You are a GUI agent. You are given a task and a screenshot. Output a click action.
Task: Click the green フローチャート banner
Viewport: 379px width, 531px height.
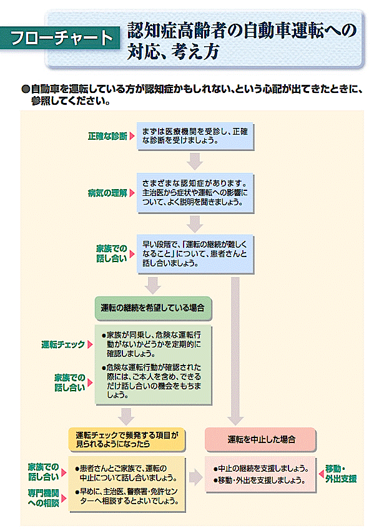pyautogui.click(x=60, y=37)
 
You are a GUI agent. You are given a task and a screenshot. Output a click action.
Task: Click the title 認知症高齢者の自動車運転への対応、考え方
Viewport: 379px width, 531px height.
pyautogui.click(x=242, y=41)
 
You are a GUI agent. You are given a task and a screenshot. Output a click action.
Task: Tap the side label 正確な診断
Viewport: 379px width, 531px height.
pyautogui.click(x=107, y=136)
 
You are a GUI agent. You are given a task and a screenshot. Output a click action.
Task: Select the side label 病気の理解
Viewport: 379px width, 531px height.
pyautogui.click(x=107, y=193)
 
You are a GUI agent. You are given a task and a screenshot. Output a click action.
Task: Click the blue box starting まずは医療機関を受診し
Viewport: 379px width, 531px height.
pyautogui.click(x=195, y=136)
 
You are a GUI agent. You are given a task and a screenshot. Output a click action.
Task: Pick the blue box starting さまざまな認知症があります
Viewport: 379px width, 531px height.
pyautogui.click(x=195, y=193)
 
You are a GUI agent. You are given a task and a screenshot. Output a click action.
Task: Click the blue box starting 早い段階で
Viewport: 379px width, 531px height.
pyautogui.click(x=195, y=254)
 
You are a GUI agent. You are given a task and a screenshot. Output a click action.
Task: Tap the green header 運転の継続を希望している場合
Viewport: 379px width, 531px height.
pyautogui.click(x=153, y=308)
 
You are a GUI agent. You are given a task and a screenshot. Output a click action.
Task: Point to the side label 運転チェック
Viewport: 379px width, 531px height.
pyautogui.click(x=63, y=344)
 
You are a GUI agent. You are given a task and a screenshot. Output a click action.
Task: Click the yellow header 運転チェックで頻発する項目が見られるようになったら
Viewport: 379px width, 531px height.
pyautogui.click(x=127, y=439)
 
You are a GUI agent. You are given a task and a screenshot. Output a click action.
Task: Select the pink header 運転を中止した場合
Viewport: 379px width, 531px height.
pyautogui.click(x=260, y=439)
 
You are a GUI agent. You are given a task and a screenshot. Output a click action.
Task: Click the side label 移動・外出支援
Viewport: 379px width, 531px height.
pyautogui.click(x=341, y=474)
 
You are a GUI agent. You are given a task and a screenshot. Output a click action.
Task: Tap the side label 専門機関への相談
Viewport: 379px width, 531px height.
pyautogui.click(x=43, y=498)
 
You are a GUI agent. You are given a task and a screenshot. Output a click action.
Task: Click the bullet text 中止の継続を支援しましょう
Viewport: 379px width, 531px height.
pyautogui.click(x=261, y=469)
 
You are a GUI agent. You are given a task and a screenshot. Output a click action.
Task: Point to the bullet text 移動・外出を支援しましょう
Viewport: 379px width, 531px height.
pyautogui.click(x=259, y=480)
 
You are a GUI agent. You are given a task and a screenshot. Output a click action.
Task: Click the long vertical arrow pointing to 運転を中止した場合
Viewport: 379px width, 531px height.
pyautogui.click(x=235, y=351)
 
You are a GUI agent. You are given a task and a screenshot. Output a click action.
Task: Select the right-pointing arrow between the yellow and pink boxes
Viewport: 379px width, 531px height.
pyautogui.click(x=195, y=477)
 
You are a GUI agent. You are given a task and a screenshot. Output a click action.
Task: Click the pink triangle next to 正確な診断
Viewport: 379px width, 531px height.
pyautogui.click(x=132, y=136)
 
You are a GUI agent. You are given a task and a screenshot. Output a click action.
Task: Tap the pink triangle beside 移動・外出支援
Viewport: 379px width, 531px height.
pyautogui.click(x=322, y=474)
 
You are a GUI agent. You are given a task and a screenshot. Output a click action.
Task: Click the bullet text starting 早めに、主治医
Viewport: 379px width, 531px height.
pyautogui.click(x=127, y=496)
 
